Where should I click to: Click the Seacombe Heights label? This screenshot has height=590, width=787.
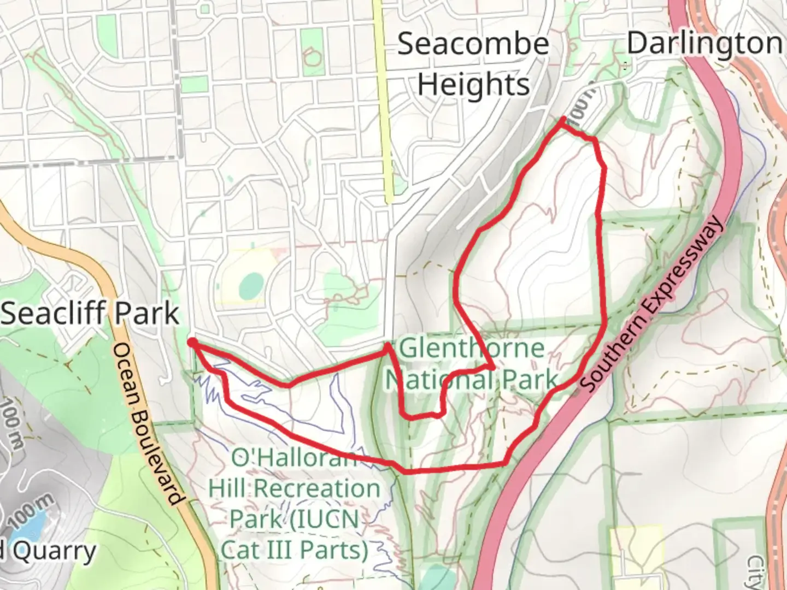point(473,64)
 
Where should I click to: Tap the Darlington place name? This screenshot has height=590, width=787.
point(704,43)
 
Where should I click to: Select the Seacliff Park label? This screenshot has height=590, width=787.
point(90,314)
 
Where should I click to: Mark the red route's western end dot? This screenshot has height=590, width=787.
point(192,342)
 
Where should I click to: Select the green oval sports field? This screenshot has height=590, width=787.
point(251,285)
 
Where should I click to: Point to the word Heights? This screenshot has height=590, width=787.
point(473,85)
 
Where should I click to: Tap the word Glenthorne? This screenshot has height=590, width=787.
point(472,349)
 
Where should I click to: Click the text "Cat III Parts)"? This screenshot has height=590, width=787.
point(295,550)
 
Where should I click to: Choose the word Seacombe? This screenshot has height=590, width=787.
point(473,44)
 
